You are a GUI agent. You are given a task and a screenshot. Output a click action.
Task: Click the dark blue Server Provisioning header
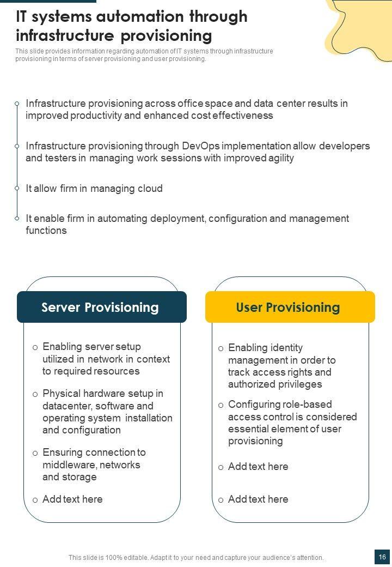[x=101, y=307]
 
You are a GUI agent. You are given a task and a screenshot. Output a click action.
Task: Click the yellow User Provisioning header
[x=290, y=307]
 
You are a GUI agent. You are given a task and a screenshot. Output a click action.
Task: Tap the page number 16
[x=382, y=557]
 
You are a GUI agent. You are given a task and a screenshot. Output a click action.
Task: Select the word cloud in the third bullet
[x=149, y=189]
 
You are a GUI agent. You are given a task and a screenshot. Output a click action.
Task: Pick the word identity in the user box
[x=286, y=348]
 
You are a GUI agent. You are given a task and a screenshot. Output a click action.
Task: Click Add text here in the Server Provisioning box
[x=72, y=499]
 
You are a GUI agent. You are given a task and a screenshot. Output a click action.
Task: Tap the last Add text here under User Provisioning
[x=258, y=499]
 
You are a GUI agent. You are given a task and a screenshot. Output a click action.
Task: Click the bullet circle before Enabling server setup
[x=35, y=347]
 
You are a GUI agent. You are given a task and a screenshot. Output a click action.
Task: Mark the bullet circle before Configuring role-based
[x=220, y=405]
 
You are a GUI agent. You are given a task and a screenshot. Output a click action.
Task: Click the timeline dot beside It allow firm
[x=17, y=189]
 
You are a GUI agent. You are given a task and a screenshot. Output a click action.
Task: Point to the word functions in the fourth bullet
[x=46, y=231]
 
